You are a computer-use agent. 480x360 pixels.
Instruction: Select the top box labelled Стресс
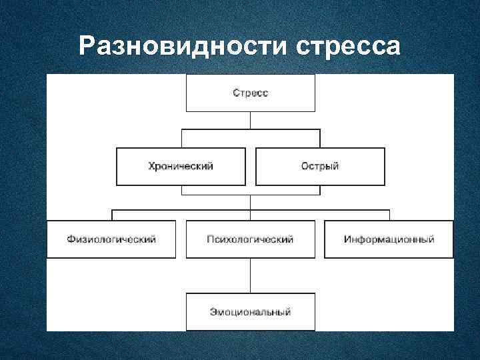point(250,93)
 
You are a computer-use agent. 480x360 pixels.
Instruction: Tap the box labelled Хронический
point(181,166)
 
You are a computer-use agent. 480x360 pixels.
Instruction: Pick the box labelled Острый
point(320,166)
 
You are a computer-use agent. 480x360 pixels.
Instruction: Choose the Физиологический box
point(111,239)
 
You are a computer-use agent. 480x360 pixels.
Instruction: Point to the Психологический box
point(250,239)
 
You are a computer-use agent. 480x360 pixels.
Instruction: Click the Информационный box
point(389,239)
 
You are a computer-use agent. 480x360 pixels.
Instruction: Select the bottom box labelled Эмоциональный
point(250,311)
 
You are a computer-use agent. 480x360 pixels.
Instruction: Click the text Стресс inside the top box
point(250,93)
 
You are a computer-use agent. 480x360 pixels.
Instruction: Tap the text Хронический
point(181,166)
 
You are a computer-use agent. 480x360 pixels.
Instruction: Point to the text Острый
point(320,166)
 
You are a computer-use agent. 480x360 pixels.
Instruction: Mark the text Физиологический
point(111,239)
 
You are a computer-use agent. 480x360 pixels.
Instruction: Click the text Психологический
point(250,239)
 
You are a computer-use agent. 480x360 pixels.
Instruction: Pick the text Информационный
point(389,239)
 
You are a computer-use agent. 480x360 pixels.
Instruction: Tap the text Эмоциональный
point(250,312)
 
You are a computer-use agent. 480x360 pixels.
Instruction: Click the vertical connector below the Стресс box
point(250,120)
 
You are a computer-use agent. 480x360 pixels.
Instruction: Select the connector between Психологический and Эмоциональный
point(250,275)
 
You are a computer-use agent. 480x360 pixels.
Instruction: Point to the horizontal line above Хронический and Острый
point(250,130)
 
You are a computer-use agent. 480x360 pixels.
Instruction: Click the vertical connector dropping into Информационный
point(389,215)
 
